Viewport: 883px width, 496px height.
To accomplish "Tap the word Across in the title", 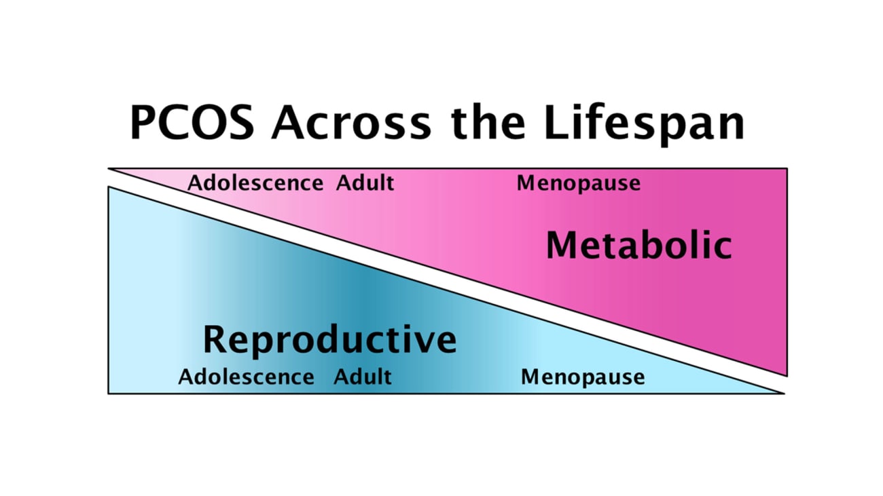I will coord(351,123).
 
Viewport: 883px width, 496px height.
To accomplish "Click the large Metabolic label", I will coord(638,246).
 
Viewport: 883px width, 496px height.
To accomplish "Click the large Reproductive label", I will coord(329,339).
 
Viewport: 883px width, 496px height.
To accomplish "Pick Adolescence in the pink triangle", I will coord(255,183).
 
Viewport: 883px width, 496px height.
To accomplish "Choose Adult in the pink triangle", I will coord(365,183).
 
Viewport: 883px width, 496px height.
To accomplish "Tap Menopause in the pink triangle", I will coord(578,183).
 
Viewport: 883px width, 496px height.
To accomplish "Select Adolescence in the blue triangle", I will coord(246,377).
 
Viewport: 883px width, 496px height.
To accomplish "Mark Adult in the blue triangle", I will coord(362,377).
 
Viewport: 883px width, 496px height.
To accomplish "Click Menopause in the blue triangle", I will coord(582,377).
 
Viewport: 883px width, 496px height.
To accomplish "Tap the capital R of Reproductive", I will coord(217,339).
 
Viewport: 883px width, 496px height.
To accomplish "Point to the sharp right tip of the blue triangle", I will coord(782,393).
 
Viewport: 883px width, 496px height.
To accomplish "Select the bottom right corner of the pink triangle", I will coord(787,375).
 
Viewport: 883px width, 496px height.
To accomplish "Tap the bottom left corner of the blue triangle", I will coord(109,393).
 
